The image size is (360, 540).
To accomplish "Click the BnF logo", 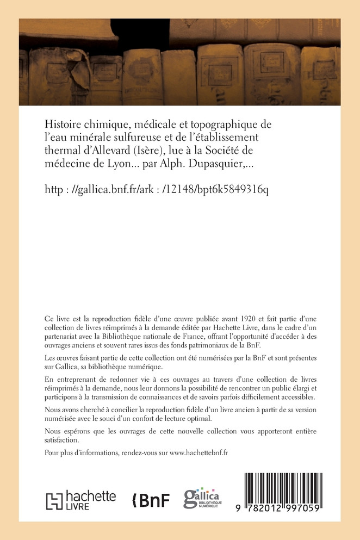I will point(152,500).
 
